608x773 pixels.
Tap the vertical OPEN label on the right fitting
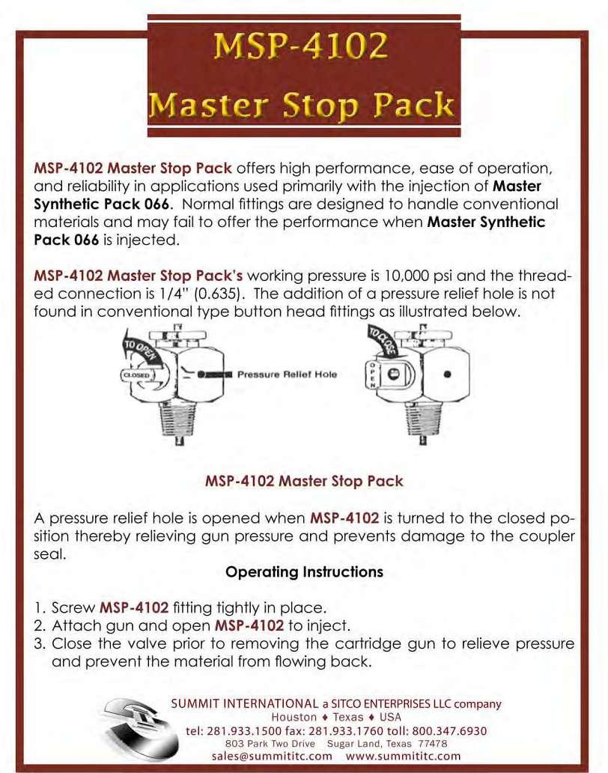pyautogui.click(x=371, y=373)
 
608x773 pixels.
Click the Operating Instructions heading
pyautogui.click(x=304, y=572)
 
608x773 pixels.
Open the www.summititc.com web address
pyautogui.click(x=404, y=757)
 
